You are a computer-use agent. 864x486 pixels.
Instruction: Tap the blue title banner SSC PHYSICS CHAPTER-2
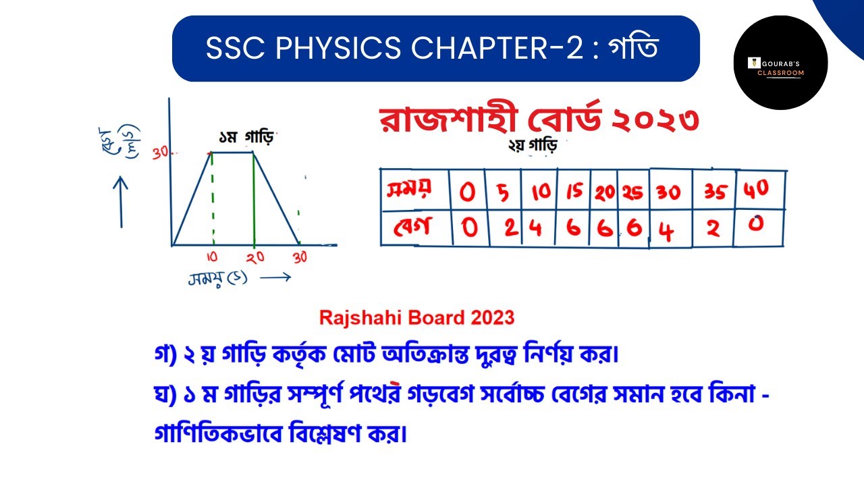[435, 49]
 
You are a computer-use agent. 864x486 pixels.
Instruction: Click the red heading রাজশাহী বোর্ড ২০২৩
[539, 119]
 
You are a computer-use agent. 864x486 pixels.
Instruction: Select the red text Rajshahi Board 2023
[416, 317]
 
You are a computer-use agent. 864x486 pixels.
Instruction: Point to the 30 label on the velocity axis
[160, 153]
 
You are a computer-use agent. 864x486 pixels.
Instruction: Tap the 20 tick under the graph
[254, 258]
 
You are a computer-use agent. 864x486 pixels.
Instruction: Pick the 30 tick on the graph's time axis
[300, 257]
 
